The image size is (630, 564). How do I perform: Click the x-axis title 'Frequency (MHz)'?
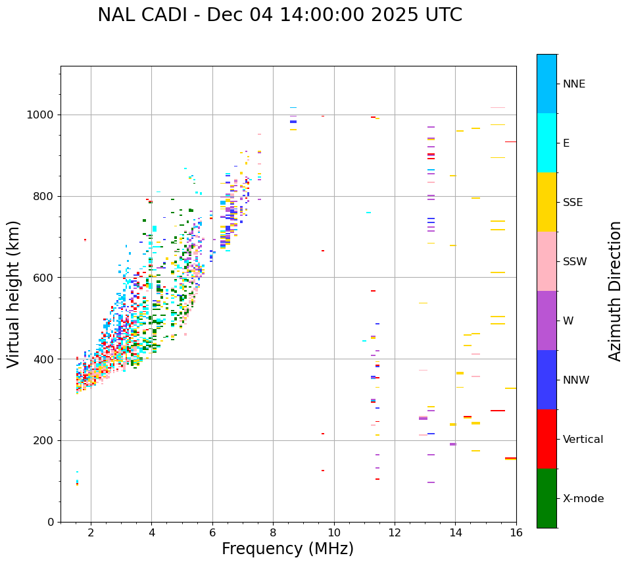click(x=287, y=549)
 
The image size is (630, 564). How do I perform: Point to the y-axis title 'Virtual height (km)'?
click(x=14, y=294)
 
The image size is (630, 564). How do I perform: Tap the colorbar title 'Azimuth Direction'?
click(x=615, y=291)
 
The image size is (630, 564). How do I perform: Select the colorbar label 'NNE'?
click(x=573, y=84)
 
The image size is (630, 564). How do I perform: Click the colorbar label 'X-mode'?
click(x=583, y=499)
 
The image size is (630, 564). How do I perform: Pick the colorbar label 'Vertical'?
click(x=583, y=440)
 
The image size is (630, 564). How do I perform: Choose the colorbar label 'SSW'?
click(x=575, y=262)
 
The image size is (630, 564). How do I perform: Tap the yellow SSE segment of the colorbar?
click(x=546, y=202)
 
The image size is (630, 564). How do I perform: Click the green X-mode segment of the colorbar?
click(x=546, y=498)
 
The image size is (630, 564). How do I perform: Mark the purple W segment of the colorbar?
click(x=546, y=320)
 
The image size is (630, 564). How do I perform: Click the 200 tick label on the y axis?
click(x=45, y=441)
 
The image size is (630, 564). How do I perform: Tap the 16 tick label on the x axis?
click(x=516, y=532)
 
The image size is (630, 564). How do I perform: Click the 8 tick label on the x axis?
click(x=273, y=532)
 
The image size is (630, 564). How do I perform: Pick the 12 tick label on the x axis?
click(x=395, y=532)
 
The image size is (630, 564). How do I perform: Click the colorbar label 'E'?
click(x=566, y=143)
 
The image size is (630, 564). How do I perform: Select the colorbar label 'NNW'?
click(x=576, y=380)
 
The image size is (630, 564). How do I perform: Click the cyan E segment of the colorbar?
click(x=546, y=143)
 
